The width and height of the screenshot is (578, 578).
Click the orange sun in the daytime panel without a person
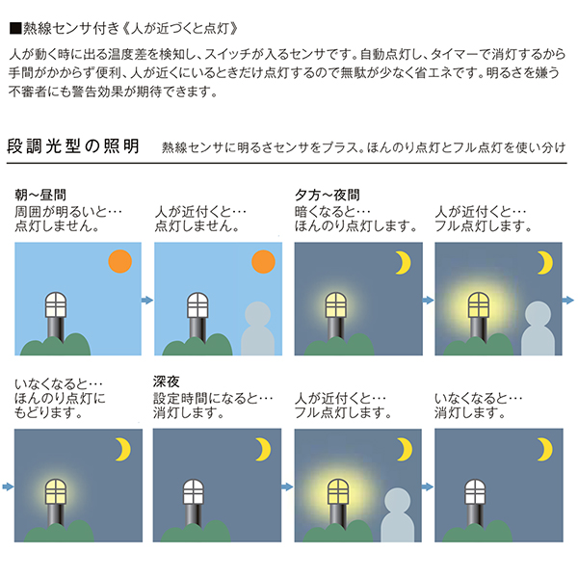point(119,261)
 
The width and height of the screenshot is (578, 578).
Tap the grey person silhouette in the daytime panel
point(257,328)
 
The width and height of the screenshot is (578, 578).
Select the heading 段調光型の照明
point(73,146)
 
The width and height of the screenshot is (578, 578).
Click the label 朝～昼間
point(40,195)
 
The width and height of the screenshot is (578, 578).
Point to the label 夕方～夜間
point(328,195)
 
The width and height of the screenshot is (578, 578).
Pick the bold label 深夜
point(167,381)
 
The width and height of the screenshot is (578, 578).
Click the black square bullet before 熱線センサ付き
point(15,28)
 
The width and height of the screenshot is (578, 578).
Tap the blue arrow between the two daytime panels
point(147,300)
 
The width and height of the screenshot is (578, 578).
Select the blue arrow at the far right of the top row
point(568,300)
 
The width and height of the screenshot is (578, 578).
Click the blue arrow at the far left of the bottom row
point(8,486)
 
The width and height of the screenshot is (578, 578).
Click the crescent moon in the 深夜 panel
point(264,449)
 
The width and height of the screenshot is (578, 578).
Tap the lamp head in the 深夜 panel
point(194,491)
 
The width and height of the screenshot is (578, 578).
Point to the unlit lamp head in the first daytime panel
point(56,304)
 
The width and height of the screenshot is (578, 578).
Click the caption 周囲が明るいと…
point(68,212)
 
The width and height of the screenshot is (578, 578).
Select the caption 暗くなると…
point(332,212)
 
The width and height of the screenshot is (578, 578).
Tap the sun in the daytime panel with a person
point(263,261)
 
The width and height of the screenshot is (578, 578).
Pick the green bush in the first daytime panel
point(56,345)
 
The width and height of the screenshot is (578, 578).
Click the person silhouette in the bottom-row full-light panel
point(397,515)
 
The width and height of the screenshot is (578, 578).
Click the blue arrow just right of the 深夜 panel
point(287,486)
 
